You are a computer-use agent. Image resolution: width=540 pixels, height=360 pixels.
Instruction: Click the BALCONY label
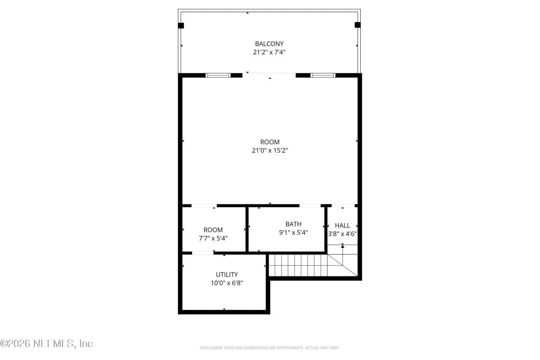269,43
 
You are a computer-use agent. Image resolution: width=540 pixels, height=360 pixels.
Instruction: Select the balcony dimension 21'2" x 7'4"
269,52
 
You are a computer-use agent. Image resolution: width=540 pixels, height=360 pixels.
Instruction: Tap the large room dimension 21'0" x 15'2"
270,150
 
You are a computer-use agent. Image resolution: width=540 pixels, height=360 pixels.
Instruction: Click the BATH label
293,224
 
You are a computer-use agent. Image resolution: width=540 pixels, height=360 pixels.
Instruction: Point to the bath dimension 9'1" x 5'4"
293,232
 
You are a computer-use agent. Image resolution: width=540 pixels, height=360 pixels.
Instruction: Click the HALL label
342,225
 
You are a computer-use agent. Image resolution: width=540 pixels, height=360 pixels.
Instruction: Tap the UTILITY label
227,274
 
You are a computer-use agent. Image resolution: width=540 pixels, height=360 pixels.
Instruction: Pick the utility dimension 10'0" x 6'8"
227,283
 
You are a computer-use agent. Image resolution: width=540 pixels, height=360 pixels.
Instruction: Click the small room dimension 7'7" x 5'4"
213,238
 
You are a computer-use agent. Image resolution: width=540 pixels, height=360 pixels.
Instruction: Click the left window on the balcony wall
218,76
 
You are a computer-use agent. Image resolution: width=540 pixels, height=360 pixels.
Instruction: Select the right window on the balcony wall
323,76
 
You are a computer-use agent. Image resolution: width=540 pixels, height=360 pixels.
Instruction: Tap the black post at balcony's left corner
181,25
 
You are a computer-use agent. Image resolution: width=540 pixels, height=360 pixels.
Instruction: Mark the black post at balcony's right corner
357,25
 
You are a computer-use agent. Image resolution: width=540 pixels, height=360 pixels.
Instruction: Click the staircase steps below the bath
297,265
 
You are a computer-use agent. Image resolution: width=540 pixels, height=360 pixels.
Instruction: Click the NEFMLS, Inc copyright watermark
46,344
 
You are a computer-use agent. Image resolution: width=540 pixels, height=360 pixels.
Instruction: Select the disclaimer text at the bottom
270,348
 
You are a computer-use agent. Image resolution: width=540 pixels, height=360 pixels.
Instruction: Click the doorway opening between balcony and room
269,75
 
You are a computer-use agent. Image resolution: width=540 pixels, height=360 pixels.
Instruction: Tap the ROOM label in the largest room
270,142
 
